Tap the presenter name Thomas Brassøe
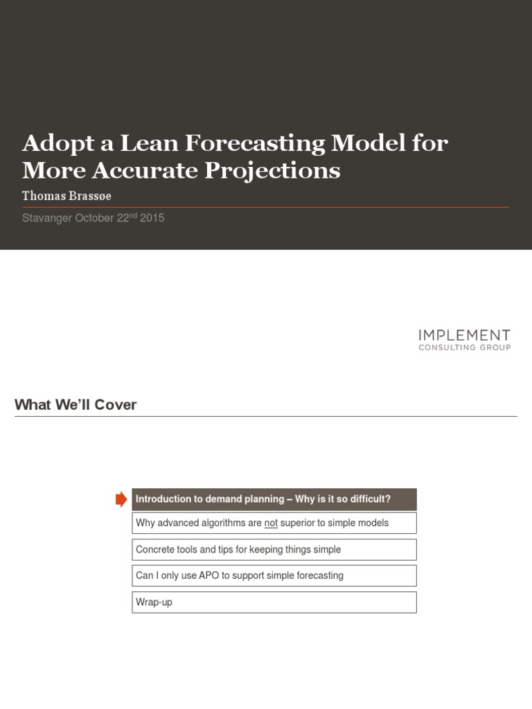point(66,196)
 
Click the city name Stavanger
point(46,217)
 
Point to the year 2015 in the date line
point(152,217)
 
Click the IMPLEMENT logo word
point(464,336)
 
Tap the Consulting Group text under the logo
point(464,348)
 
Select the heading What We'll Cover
point(76,405)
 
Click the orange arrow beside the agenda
point(121,499)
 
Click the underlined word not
point(271,523)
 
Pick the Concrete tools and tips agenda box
point(274,550)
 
